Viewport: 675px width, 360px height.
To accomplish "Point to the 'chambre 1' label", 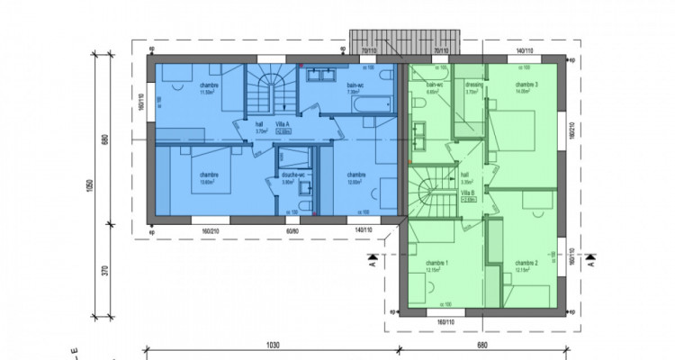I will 437,263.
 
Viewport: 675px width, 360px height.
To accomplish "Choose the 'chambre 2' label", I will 526,263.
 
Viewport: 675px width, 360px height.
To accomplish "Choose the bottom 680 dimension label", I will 482,345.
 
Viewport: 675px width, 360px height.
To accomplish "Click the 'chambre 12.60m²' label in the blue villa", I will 209,177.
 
